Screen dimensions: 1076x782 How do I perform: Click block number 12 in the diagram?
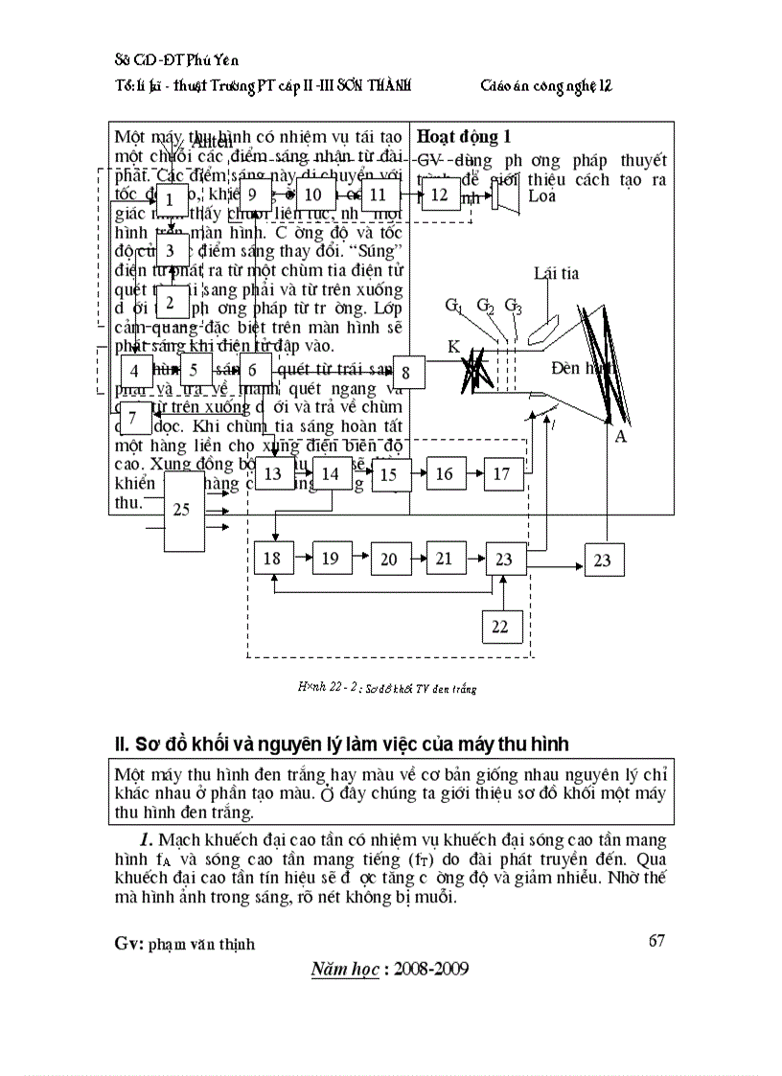click(440, 195)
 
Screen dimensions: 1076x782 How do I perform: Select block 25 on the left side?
click(182, 511)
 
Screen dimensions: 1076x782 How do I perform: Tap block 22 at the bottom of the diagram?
click(501, 627)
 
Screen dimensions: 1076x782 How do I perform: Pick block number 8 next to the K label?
click(406, 372)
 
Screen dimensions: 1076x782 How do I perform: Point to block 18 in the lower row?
click(272, 558)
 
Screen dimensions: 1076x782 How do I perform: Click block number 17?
click(502, 473)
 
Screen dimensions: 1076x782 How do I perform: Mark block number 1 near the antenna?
click(171, 200)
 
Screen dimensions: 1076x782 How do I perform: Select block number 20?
click(388, 558)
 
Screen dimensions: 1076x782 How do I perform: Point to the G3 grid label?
click(514, 306)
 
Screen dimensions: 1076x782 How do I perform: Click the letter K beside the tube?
click(453, 346)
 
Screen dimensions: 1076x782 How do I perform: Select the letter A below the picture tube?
click(621, 436)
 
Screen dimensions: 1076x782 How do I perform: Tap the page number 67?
click(656, 940)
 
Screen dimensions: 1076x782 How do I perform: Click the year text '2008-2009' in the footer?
click(431, 969)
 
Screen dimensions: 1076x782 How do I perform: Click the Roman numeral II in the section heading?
click(121, 744)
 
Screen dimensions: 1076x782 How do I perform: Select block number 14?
click(331, 473)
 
